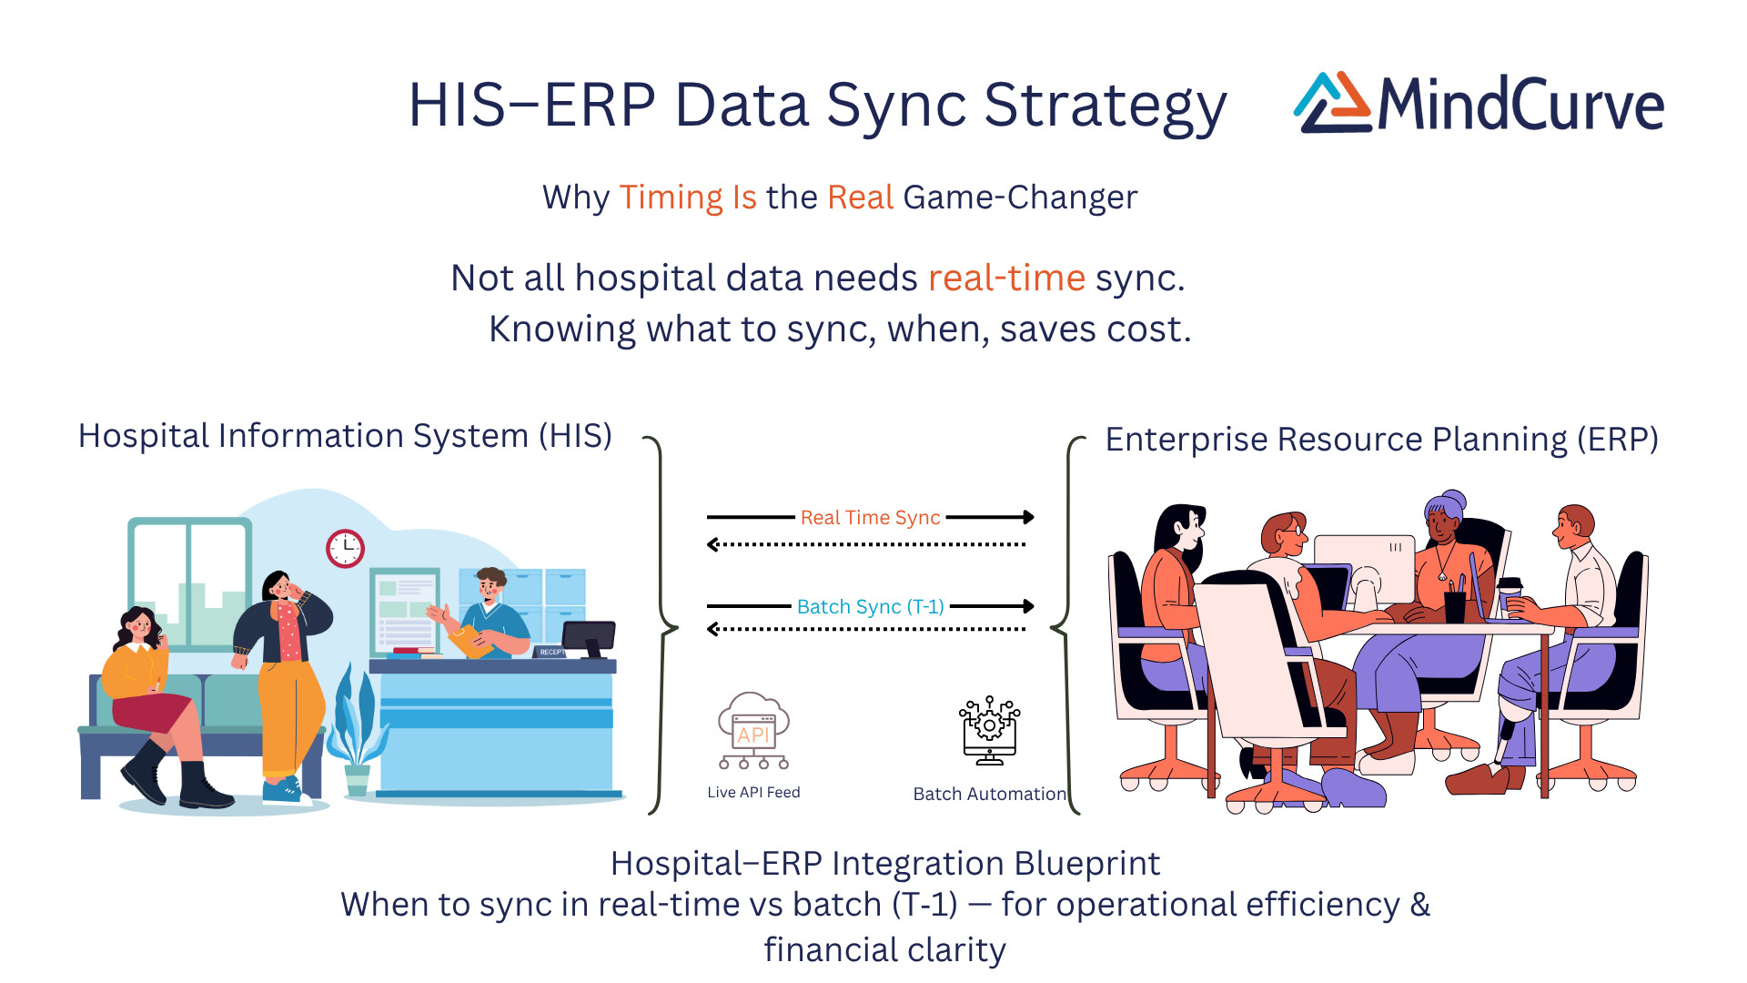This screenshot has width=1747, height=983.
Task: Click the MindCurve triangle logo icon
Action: point(1332,103)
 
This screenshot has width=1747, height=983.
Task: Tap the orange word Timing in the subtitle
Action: point(671,198)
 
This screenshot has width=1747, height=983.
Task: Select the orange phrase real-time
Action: point(1006,278)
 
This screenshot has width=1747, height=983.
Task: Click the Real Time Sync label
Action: point(870,517)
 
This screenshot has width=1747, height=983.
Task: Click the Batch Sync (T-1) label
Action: point(870,606)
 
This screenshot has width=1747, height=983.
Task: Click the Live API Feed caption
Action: point(753,792)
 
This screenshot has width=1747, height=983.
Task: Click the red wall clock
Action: point(345,548)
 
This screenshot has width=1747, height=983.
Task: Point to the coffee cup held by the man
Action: point(1510,592)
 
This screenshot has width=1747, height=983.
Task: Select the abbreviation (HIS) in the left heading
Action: point(575,436)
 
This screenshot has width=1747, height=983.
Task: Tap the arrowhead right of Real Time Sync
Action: point(1028,517)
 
